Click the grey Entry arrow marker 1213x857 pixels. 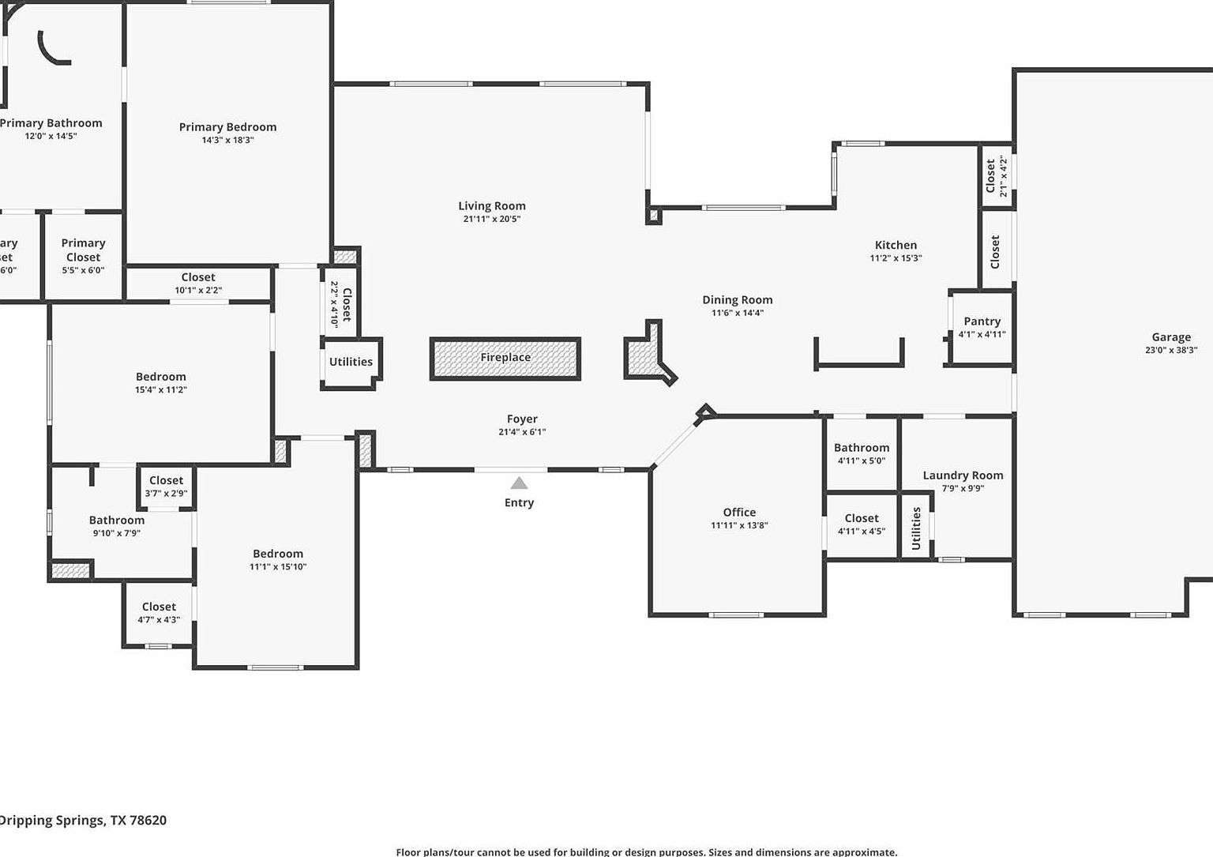pos(519,483)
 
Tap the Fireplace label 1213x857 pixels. pos(505,358)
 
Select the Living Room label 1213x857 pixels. pos(492,206)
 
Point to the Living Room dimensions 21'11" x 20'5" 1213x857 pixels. pos(492,220)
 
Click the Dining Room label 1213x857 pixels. pos(738,300)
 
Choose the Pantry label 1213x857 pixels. pos(982,321)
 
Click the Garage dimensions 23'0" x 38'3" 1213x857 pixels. pos(1171,350)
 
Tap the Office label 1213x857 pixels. pos(739,513)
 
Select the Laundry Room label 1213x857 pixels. pos(963,475)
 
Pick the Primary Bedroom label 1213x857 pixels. pos(227,127)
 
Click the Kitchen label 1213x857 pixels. pos(896,245)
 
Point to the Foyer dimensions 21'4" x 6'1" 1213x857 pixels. pos(522,432)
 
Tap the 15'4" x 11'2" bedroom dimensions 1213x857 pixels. pos(161,390)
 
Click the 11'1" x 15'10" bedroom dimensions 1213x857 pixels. pos(278,567)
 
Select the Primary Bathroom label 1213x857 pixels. pos(51,123)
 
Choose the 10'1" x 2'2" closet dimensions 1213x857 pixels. pos(198,291)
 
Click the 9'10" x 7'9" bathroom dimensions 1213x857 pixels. pos(116,533)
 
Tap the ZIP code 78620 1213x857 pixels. pos(148,820)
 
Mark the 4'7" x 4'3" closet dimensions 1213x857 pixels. pos(159,620)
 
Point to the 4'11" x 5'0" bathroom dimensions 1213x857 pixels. pos(862,461)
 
